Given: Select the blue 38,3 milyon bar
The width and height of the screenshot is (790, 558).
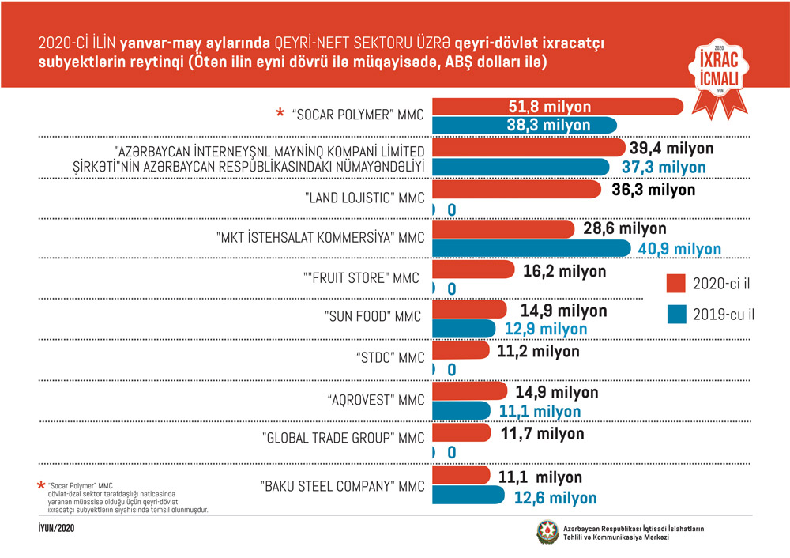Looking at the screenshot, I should pos(525,125).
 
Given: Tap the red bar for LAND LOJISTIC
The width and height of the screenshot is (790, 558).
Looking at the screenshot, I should pos(518,190).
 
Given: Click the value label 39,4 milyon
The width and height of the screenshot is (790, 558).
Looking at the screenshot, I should pos(671,148).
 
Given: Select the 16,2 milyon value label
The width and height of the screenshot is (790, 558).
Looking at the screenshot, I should pos(565,271).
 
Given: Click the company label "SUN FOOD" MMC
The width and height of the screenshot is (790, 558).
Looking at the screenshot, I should pos(373,317).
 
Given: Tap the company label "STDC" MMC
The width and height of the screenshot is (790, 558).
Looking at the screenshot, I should pos(390,357).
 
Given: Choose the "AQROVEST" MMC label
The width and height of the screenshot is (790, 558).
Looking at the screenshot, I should pos(376,399).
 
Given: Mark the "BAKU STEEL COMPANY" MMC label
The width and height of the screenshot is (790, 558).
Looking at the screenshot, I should pos(343,485).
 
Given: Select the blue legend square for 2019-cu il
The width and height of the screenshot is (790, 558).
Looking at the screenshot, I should pos(675,315).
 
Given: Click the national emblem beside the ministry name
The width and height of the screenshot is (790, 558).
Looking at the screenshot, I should pos(547,532).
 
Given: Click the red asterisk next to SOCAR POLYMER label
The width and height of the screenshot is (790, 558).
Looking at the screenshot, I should pos(280,115).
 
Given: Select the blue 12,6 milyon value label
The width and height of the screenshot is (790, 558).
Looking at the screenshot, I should pos(556,498).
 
